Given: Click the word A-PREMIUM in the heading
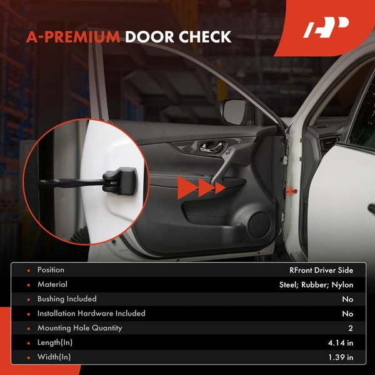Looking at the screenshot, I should (x=73, y=37).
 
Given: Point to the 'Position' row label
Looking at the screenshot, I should (x=51, y=271).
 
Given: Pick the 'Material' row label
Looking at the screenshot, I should (x=52, y=285).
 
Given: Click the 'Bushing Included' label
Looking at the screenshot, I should (x=67, y=299).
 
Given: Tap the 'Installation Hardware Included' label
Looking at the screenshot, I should (x=91, y=314).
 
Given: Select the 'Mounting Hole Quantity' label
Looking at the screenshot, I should (x=79, y=328).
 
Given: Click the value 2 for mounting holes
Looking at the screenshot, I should (x=351, y=328).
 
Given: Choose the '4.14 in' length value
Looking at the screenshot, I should (x=340, y=342).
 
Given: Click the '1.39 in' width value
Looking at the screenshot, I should (x=340, y=357).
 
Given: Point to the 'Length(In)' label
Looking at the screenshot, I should (x=56, y=342).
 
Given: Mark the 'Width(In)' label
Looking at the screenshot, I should (x=54, y=357).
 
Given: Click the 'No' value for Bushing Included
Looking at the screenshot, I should (x=347, y=299).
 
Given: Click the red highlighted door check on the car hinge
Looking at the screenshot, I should (x=291, y=188).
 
